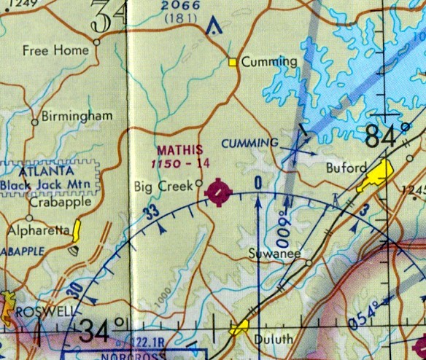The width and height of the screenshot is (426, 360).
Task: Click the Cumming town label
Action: pos(270,62)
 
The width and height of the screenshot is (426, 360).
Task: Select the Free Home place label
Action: pos(55,50)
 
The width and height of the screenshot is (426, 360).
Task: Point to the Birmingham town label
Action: pos(77,116)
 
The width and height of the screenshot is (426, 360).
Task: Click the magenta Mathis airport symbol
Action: pos(219,192)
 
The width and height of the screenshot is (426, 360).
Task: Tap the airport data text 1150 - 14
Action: pos(182,164)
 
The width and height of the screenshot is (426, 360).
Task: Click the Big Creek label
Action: pos(163,187)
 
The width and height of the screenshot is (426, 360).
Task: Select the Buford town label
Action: pos(346,168)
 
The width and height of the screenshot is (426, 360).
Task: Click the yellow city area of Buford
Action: pos(376,177)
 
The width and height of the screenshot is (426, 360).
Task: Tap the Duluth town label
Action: pos(274,339)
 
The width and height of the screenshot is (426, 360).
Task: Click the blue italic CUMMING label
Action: pos(251,142)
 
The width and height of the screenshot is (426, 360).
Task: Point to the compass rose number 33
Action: pos(151,213)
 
